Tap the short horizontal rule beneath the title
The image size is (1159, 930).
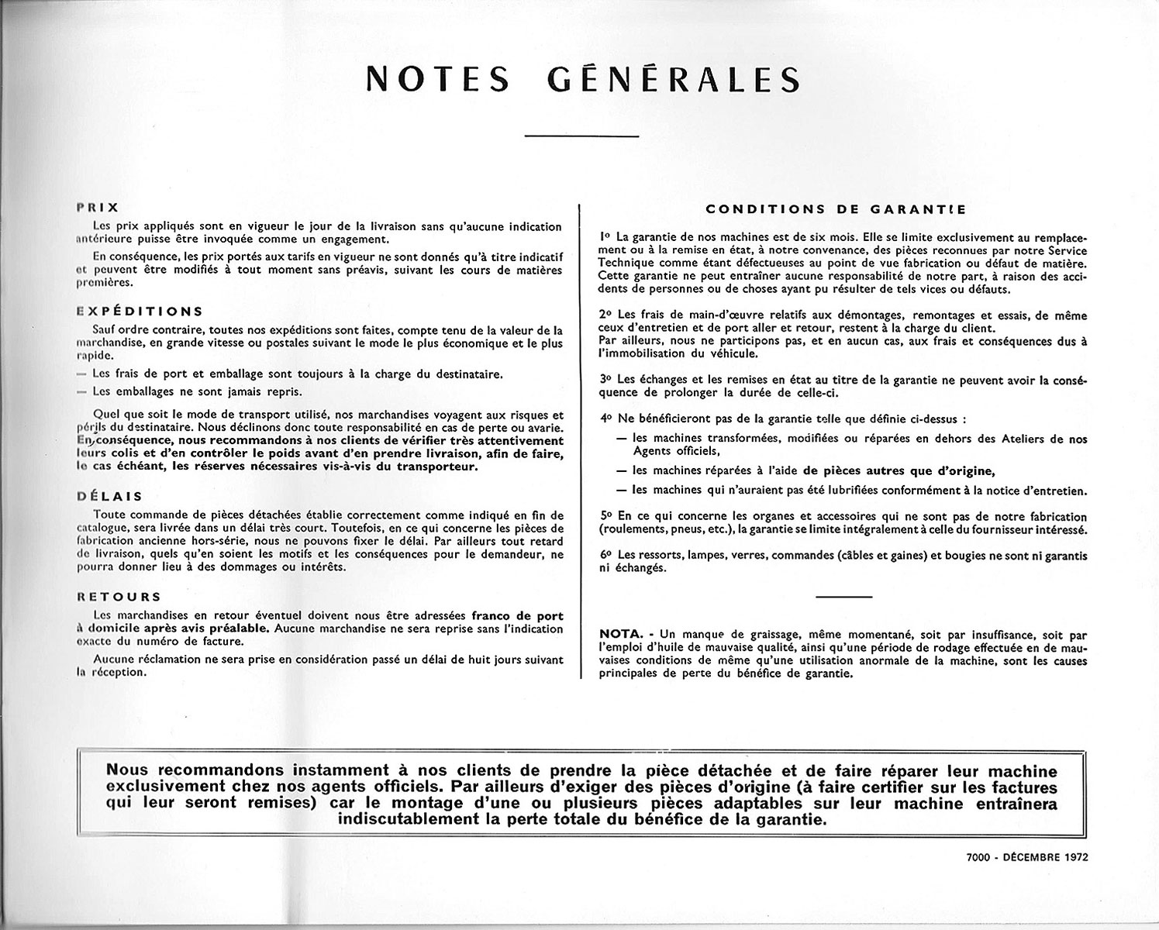(x=581, y=137)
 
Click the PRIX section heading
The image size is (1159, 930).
(x=98, y=208)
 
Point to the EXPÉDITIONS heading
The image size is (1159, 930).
(x=140, y=312)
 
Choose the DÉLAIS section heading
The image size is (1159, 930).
(x=110, y=497)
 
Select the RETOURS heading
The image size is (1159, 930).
(x=119, y=597)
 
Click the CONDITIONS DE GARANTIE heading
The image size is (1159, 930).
(x=836, y=209)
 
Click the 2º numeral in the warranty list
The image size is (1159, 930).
(x=605, y=315)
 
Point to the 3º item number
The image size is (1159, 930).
(x=605, y=380)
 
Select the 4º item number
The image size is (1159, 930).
(x=605, y=418)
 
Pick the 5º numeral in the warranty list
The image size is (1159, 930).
(x=605, y=515)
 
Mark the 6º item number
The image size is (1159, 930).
(x=605, y=556)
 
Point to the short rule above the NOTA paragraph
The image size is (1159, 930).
(x=844, y=596)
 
